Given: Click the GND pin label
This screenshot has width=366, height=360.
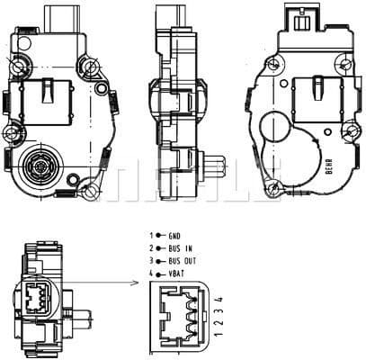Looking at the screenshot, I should [x=174, y=235].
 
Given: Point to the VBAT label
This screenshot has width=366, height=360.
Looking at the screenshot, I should [x=177, y=272].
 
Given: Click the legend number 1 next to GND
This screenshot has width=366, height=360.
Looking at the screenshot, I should [x=152, y=235].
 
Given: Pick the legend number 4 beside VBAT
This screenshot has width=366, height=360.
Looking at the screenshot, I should [x=152, y=272].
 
